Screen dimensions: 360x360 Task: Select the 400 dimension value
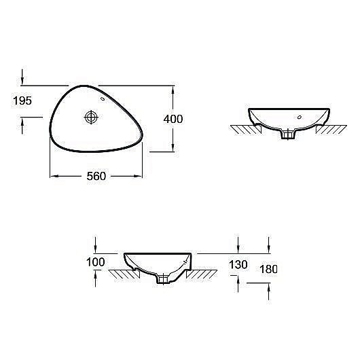(173, 118)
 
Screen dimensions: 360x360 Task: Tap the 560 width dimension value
(96, 177)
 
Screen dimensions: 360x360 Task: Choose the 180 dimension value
(268, 269)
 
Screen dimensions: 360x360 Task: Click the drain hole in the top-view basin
(90, 118)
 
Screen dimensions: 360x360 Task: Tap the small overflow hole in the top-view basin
(103, 99)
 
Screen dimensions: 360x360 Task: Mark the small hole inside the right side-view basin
(297, 118)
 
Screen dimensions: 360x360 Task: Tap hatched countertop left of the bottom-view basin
(122, 274)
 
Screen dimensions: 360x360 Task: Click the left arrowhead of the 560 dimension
(54, 177)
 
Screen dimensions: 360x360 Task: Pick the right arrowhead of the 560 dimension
(139, 177)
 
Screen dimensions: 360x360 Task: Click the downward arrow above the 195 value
(24, 81)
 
